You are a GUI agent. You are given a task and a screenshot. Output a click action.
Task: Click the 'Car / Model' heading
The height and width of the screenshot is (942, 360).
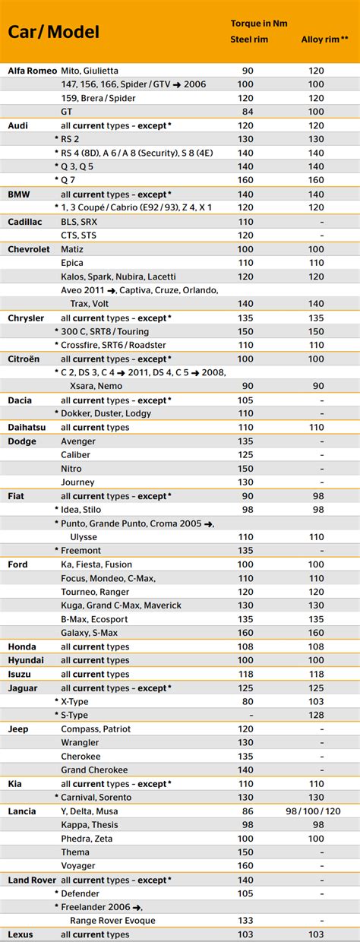click(x=54, y=32)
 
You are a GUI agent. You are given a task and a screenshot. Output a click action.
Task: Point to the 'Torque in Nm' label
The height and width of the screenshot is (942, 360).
click(x=259, y=23)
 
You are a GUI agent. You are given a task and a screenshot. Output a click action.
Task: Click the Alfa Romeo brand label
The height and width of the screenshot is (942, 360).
click(x=33, y=71)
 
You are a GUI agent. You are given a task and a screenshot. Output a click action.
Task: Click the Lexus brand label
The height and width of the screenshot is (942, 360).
click(x=21, y=934)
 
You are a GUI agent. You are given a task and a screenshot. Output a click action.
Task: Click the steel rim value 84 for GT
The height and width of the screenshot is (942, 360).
click(x=248, y=112)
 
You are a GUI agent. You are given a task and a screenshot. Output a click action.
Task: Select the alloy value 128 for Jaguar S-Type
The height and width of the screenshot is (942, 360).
click(x=317, y=715)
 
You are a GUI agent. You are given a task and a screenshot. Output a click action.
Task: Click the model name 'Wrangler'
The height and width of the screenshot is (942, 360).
click(x=80, y=742)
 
